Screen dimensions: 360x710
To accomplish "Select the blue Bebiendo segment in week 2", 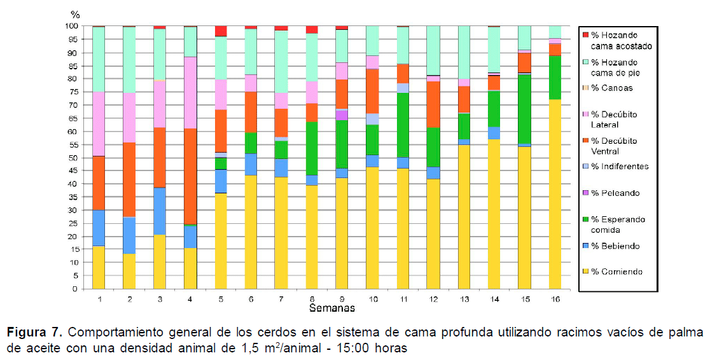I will coord(129,235).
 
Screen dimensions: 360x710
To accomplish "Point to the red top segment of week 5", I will coord(221,31).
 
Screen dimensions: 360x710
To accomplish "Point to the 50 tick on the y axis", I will coord(73,158).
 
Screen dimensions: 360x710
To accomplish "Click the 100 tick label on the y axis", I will coord(71,26).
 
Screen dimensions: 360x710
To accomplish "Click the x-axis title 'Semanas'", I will coord(331,308).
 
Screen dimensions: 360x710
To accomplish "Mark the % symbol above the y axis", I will coord(75,14).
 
